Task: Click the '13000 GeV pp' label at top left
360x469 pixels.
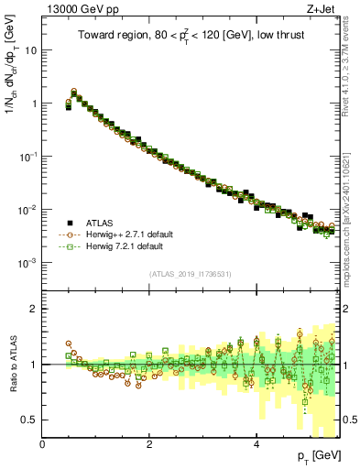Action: pyautogui.click(x=76, y=8)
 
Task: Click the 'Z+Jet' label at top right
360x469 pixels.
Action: pyautogui.click(x=324, y=8)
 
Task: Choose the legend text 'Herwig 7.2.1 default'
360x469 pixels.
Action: pyautogui.click(x=124, y=247)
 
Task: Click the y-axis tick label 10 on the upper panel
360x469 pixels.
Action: pyautogui.click(x=30, y=50)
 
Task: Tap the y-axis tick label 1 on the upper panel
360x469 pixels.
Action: pyautogui.click(x=34, y=104)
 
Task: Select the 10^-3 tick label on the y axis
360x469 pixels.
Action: pyautogui.click(x=28, y=263)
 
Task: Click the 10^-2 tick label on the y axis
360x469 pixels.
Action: pyautogui.click(x=28, y=210)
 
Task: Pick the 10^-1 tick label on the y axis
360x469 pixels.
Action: pyautogui.click(x=28, y=157)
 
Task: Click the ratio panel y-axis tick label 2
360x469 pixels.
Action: pyautogui.click(x=35, y=309)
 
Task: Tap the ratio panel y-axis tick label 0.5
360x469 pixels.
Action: pyautogui.click(x=30, y=420)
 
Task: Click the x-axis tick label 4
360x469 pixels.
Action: pyautogui.click(x=256, y=444)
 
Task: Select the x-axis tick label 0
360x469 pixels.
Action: pyautogui.click(x=43, y=444)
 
